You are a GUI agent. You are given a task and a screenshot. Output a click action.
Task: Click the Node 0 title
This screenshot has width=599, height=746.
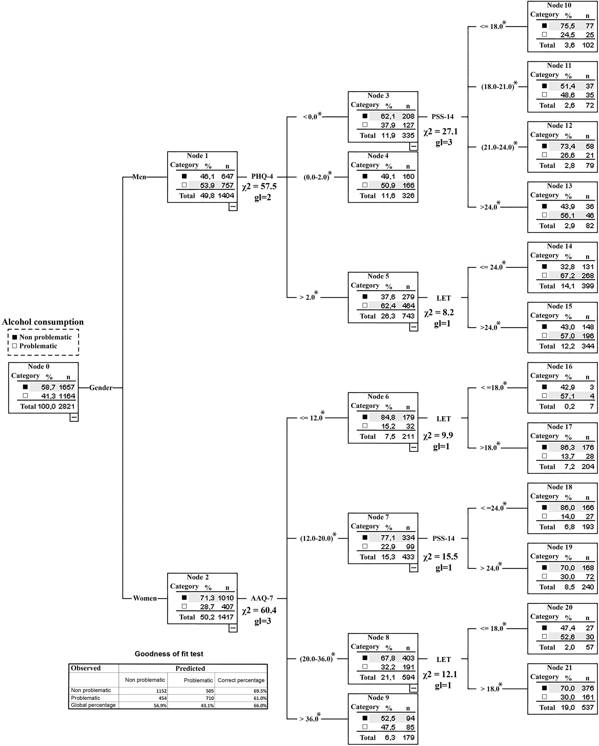(38, 366)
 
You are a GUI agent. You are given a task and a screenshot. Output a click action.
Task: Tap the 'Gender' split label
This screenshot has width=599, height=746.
(101, 388)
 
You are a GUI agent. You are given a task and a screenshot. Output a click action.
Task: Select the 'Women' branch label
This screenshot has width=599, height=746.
(145, 598)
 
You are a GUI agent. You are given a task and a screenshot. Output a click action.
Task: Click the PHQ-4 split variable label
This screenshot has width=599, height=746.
(262, 176)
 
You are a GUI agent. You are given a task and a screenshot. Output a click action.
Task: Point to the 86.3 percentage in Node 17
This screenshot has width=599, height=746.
(567, 447)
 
